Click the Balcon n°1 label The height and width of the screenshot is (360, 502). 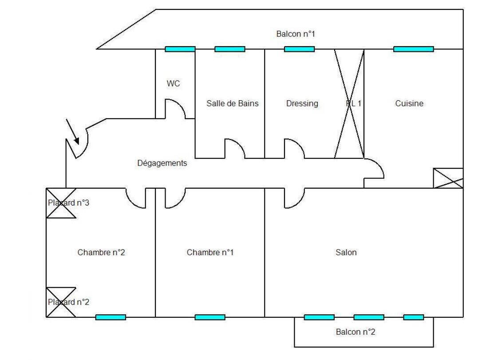click(x=295, y=34)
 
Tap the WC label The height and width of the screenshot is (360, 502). click(x=173, y=83)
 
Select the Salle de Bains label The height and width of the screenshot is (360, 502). click(x=232, y=103)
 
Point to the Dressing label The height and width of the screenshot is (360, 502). click(x=302, y=103)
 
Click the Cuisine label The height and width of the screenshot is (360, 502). click(x=409, y=103)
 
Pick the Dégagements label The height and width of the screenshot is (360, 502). click(x=162, y=163)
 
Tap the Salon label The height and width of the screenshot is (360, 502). click(x=346, y=253)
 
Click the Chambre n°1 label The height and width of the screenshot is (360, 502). click(x=210, y=253)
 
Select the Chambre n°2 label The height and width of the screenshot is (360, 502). click(x=101, y=253)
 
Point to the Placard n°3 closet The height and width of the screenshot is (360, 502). click(x=61, y=203)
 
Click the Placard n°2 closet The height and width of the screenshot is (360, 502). click(x=61, y=302)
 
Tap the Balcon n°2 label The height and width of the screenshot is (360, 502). click(x=355, y=332)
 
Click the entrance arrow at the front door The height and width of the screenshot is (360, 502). click(x=72, y=132)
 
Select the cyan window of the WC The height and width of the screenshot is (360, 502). click(x=180, y=49)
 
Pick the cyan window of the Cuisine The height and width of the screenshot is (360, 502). click(x=413, y=49)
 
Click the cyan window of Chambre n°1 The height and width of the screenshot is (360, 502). click(x=210, y=317)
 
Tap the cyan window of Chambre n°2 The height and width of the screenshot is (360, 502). click(x=111, y=317)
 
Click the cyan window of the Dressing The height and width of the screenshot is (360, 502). click(x=299, y=49)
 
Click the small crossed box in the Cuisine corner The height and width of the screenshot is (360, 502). click(x=448, y=178)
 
